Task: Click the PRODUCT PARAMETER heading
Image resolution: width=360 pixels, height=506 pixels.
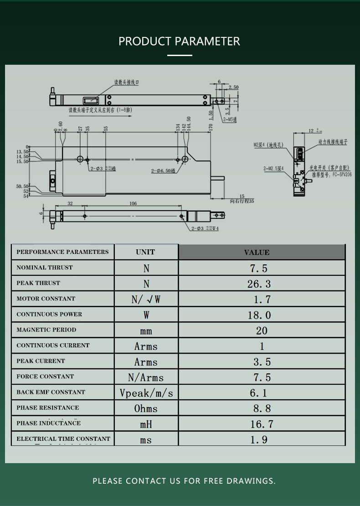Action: click(x=179, y=41)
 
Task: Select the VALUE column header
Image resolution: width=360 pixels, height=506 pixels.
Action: click(x=257, y=252)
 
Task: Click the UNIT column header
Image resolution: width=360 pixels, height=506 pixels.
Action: click(x=145, y=252)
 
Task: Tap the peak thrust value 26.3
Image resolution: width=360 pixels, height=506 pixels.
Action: click(x=259, y=284)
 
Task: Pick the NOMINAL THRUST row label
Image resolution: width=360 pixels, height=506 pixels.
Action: click(x=45, y=268)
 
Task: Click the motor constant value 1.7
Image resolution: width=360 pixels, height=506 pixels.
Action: click(x=262, y=299)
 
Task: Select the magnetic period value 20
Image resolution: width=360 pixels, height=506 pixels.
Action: click(x=262, y=330)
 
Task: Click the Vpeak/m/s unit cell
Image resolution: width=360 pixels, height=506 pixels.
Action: click(x=146, y=393)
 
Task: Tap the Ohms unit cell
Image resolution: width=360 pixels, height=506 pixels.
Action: click(x=146, y=408)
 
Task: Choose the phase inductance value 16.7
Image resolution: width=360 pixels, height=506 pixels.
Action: click(x=262, y=424)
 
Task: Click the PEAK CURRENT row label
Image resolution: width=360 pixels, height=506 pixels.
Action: click(x=41, y=361)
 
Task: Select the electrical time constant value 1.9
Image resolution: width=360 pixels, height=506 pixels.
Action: click(x=259, y=439)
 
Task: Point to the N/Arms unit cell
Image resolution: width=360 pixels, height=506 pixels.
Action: click(x=146, y=377)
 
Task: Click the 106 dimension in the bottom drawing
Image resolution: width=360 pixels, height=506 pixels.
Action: click(x=133, y=203)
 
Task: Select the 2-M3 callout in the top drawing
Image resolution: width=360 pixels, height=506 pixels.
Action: click(x=230, y=119)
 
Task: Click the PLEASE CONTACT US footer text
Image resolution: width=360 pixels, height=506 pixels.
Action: click(x=184, y=481)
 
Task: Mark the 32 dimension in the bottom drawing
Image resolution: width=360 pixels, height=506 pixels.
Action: click(x=70, y=203)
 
